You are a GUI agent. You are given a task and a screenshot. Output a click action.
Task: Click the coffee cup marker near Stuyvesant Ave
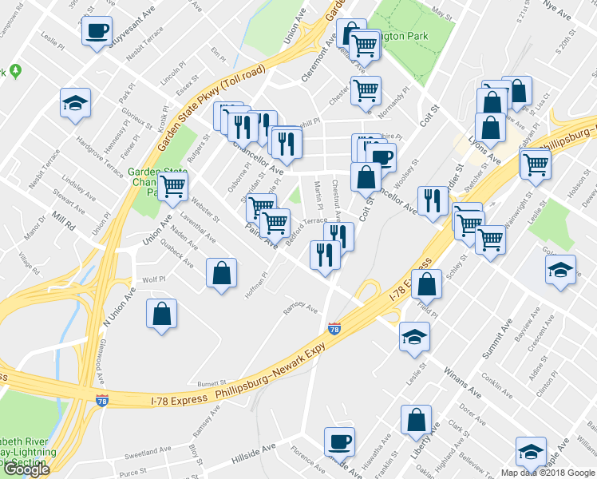97,32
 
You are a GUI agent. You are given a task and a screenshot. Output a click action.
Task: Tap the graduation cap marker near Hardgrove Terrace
75,104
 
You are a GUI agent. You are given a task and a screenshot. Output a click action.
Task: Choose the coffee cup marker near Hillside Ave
340,441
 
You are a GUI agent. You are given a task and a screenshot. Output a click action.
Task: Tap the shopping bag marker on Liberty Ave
417,420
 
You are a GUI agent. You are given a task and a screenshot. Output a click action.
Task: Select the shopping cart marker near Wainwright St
535,164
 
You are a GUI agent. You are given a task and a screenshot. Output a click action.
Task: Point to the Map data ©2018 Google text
548,473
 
